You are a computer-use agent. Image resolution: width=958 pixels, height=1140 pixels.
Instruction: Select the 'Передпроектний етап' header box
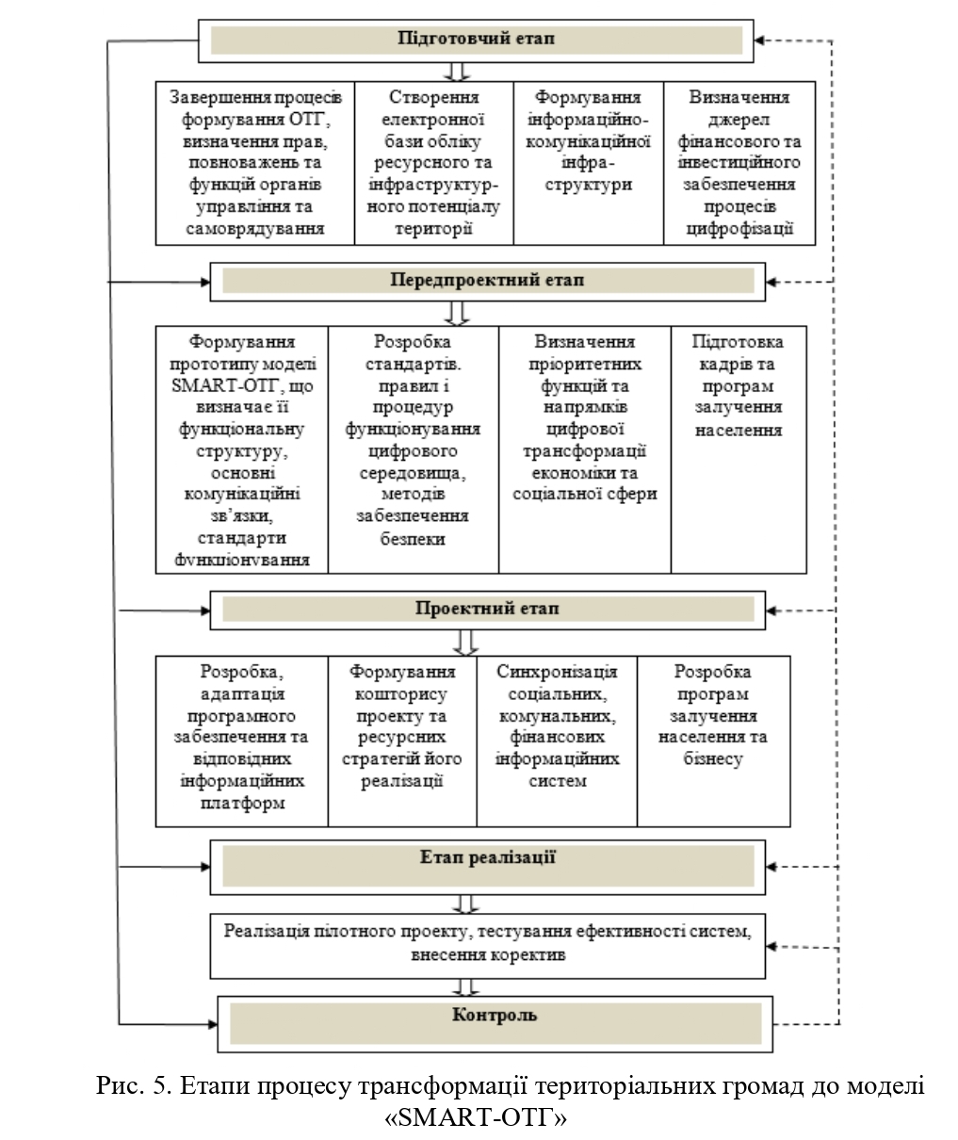click(x=487, y=281)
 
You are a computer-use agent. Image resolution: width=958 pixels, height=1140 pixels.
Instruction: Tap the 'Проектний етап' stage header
click(x=487, y=610)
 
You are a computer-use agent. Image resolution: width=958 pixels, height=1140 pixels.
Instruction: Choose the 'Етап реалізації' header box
click(x=487, y=860)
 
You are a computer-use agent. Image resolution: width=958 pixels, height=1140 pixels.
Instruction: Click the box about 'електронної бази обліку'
click(x=433, y=163)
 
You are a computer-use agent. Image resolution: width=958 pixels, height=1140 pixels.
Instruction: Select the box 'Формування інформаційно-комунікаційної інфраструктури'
click(x=588, y=163)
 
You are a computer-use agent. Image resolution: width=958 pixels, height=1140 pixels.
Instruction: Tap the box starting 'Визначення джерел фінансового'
click(x=739, y=163)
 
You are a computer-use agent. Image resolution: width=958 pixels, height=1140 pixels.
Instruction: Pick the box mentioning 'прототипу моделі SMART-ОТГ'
click(x=242, y=449)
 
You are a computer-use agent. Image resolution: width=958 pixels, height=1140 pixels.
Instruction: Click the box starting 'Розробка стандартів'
click(x=413, y=449)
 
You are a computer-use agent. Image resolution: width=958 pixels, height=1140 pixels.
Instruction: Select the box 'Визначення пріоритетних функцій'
click(x=584, y=449)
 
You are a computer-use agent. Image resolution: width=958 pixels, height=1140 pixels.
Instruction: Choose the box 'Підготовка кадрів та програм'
click(x=739, y=449)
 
